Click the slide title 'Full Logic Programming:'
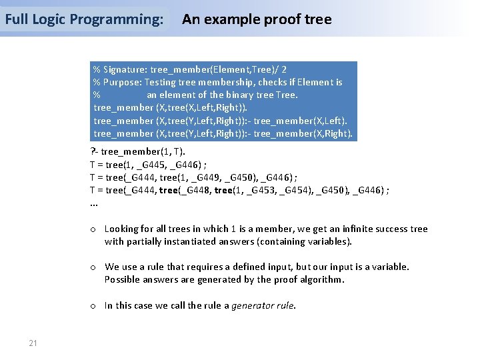click(84, 19)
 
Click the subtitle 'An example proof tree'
click(257, 19)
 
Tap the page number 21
click(33, 343)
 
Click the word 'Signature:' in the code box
click(125, 69)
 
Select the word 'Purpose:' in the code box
click(121, 82)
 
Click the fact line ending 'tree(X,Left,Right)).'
click(171, 107)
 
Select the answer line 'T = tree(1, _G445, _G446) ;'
click(149, 164)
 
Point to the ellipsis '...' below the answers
click(94, 203)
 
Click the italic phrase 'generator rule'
click(263, 305)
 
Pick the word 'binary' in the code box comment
click(241, 95)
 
